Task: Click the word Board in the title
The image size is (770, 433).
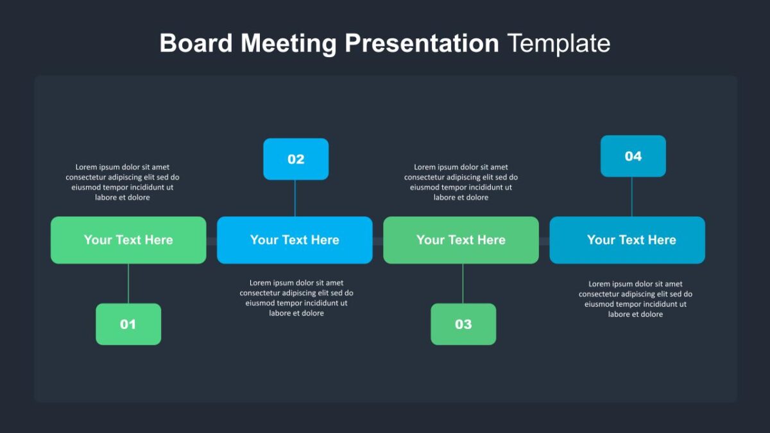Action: pyautogui.click(x=196, y=43)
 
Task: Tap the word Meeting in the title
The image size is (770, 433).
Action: pyautogui.click(x=288, y=44)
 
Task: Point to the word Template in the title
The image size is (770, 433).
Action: pyautogui.click(x=559, y=44)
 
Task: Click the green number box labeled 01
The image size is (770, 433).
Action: pyautogui.click(x=128, y=324)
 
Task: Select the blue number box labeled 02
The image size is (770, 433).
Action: pyautogui.click(x=296, y=159)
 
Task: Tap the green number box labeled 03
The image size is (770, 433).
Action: pyautogui.click(x=463, y=324)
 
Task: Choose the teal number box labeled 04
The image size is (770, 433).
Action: pyautogui.click(x=633, y=156)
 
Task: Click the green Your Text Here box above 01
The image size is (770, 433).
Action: pyautogui.click(x=128, y=240)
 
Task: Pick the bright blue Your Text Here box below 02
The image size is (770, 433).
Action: pyautogui.click(x=295, y=240)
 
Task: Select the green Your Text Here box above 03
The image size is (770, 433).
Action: pyautogui.click(x=461, y=240)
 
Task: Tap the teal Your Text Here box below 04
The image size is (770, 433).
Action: pyautogui.click(x=628, y=240)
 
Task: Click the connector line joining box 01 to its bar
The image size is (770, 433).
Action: pyautogui.click(x=128, y=284)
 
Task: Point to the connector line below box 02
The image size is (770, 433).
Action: pyautogui.click(x=295, y=198)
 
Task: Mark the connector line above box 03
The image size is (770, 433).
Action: pyautogui.click(x=463, y=284)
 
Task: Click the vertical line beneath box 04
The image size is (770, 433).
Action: pyautogui.click(x=632, y=196)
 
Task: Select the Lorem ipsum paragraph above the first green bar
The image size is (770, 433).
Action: pyautogui.click(x=123, y=182)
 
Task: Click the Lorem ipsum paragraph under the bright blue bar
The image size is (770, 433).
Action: pyautogui.click(x=296, y=298)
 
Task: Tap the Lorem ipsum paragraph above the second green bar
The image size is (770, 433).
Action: pyautogui.click(x=461, y=182)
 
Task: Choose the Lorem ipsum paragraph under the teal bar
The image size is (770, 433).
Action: pyautogui.click(x=636, y=299)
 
